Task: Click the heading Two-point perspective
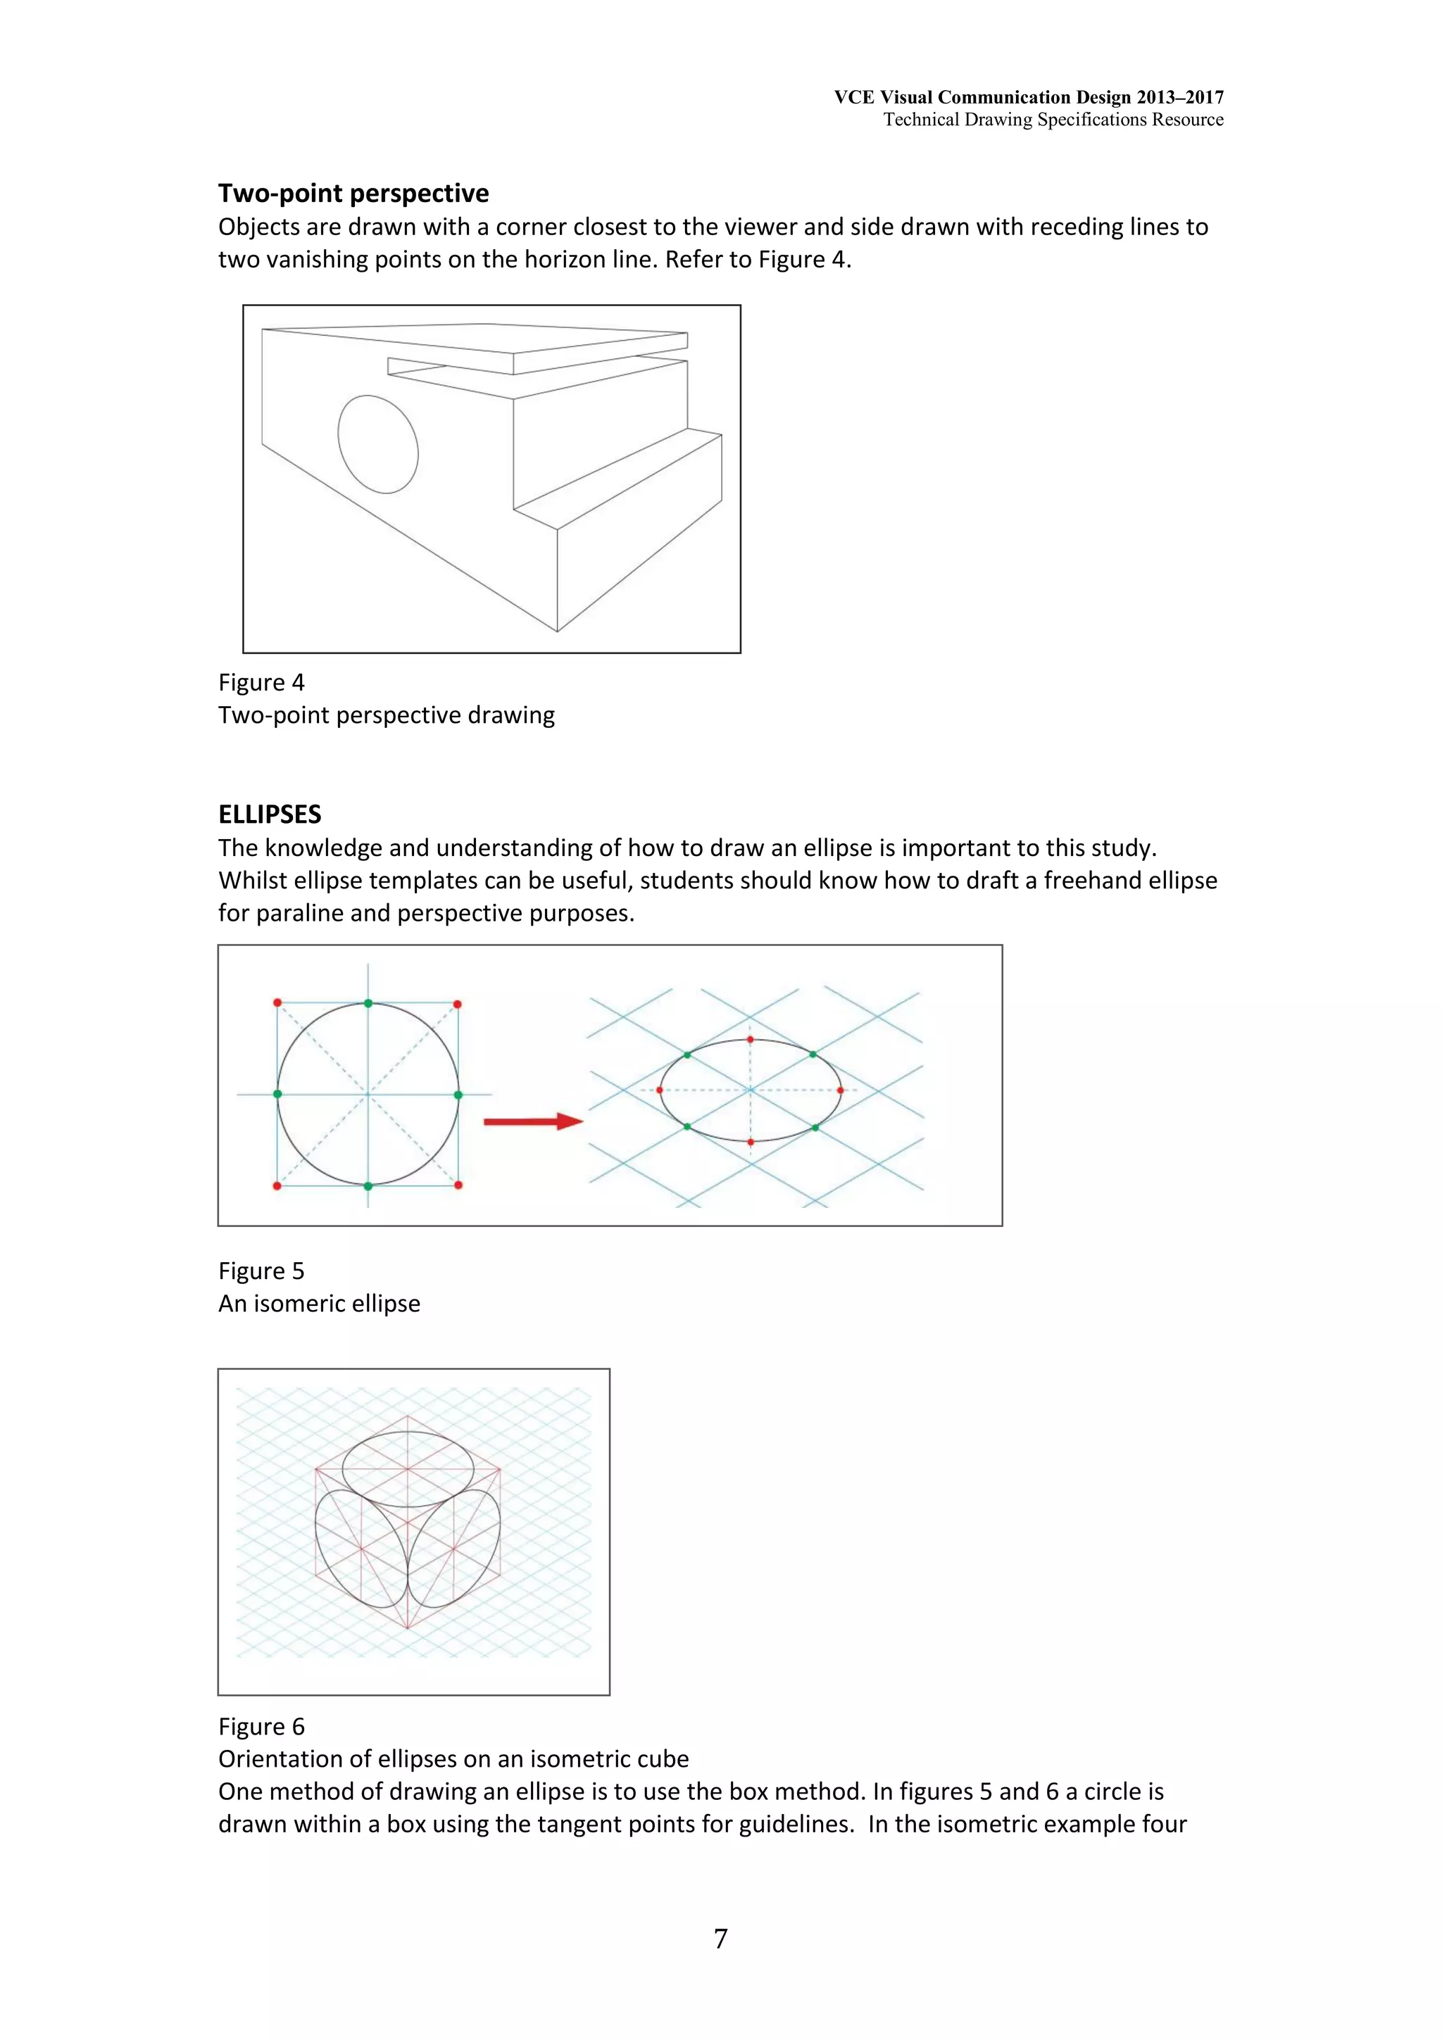click(x=353, y=193)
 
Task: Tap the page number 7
click(x=720, y=1938)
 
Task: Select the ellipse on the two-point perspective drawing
click(x=377, y=444)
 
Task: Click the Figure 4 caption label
click(x=261, y=682)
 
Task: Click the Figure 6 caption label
click(x=261, y=1726)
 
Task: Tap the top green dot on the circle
click(x=368, y=1004)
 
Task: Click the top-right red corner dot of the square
click(x=458, y=1004)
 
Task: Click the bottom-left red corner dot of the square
click(x=277, y=1185)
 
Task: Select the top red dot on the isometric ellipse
click(x=750, y=1039)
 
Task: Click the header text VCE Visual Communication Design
click(x=1028, y=97)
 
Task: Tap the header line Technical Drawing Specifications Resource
click(x=1053, y=119)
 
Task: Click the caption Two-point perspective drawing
click(x=387, y=715)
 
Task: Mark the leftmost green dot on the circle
click(x=278, y=1094)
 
